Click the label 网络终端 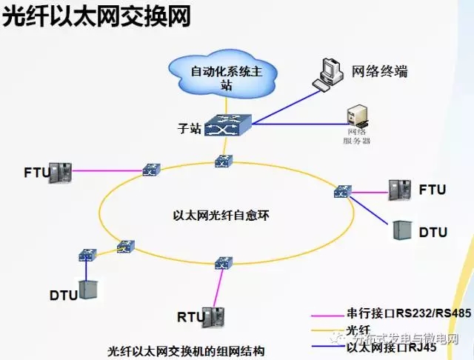(380, 72)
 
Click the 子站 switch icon (227, 127)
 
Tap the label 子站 (190, 128)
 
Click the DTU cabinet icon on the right (402, 230)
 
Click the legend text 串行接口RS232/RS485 (408, 313)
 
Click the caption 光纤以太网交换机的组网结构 (185, 350)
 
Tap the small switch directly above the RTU (222, 263)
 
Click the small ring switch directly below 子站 (224, 161)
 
